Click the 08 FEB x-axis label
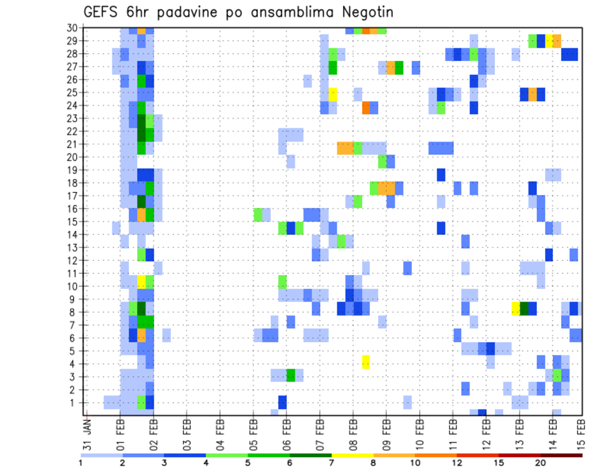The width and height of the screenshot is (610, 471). [x=353, y=434]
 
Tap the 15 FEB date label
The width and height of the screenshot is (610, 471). [x=581, y=434]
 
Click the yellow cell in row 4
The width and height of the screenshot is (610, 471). [x=366, y=362]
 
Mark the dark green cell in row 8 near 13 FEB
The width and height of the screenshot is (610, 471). [x=524, y=308]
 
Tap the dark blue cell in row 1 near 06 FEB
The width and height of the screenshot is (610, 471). [x=282, y=402]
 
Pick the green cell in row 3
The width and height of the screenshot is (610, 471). [x=290, y=375]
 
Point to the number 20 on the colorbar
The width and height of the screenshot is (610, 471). [x=541, y=463]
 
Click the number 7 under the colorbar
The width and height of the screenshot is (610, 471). [x=332, y=463]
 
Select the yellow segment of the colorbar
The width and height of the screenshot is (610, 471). [x=352, y=455]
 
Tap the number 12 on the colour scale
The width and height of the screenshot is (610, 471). [x=457, y=463]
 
